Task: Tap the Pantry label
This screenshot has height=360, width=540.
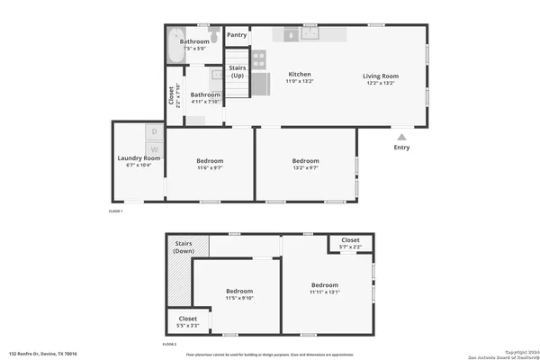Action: (237, 35)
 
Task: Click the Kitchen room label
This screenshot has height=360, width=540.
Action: (300, 74)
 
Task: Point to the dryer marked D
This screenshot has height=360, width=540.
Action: (154, 132)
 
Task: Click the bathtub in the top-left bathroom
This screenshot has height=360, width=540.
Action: (175, 47)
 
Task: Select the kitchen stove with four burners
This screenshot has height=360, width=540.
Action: (258, 59)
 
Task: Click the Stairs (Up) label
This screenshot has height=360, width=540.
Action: (238, 71)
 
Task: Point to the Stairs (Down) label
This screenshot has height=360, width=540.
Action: (184, 247)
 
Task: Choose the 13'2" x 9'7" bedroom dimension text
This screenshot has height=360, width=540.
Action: (305, 168)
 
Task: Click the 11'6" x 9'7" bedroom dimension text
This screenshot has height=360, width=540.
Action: (210, 168)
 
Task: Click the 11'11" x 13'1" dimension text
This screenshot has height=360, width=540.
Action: (325, 292)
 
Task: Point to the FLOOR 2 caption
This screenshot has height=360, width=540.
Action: (169, 345)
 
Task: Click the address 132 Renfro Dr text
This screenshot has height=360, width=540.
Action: (43, 354)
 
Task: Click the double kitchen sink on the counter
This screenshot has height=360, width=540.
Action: (310, 33)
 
